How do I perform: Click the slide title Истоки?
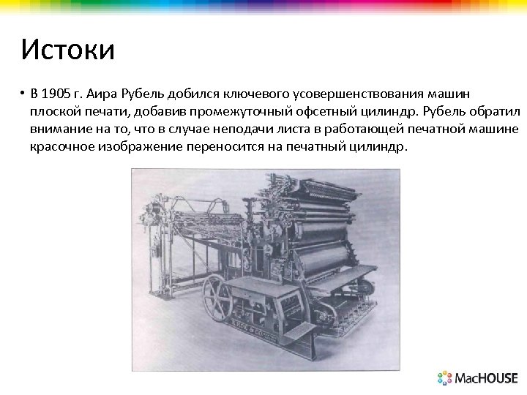click(67, 50)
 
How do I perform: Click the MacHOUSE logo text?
click(486, 378)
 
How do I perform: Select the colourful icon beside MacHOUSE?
click(445, 377)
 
